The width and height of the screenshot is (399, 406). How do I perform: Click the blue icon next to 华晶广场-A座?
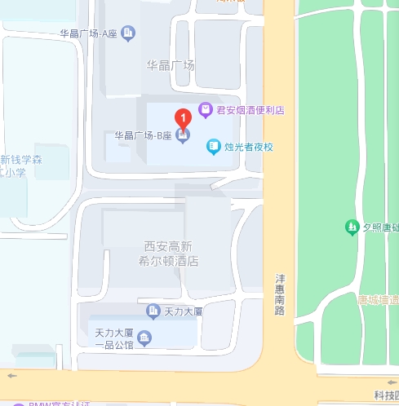click(x=128, y=33)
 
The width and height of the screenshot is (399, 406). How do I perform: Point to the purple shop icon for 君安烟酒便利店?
click(x=206, y=109)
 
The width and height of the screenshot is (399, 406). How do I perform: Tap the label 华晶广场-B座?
click(x=144, y=135)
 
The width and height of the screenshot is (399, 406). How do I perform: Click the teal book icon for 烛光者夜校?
click(x=213, y=148)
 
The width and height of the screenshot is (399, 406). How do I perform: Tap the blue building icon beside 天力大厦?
click(x=153, y=311)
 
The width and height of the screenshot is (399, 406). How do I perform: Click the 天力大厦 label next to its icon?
click(x=183, y=311)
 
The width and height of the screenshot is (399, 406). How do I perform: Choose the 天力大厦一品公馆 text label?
click(x=113, y=338)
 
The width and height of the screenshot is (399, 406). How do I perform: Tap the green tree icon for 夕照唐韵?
click(x=352, y=227)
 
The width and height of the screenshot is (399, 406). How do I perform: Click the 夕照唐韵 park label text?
click(x=380, y=227)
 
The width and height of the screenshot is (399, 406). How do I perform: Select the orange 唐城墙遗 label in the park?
click(x=378, y=299)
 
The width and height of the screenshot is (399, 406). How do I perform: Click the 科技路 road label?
click(x=386, y=395)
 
